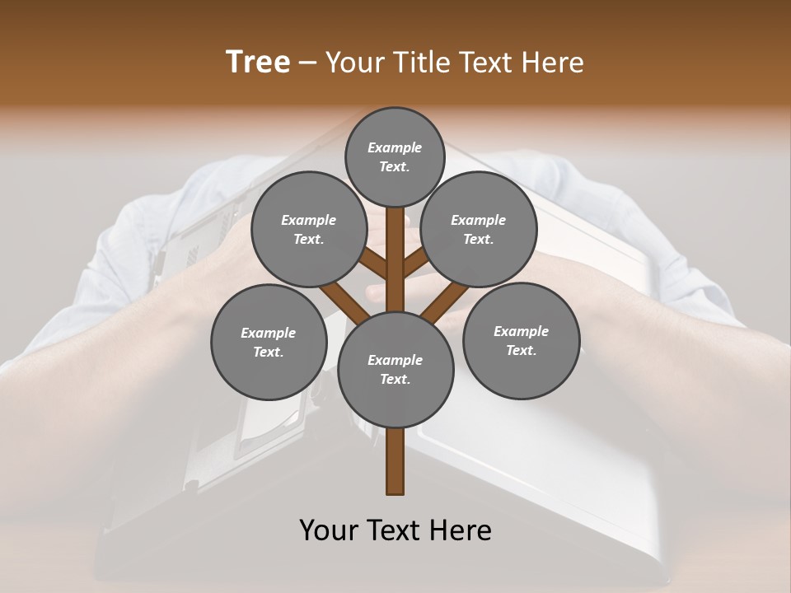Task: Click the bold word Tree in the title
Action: pos(258,62)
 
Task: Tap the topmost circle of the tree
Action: pos(395,156)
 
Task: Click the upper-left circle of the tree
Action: pos(308,229)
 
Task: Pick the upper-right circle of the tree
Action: pos(479,229)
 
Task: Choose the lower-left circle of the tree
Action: pos(269,342)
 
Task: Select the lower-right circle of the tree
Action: pos(521,340)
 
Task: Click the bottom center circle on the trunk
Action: pos(395,369)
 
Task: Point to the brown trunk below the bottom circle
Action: pos(395,461)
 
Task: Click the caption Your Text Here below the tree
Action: pos(395,530)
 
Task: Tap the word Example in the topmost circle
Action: pos(395,147)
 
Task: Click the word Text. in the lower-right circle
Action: pos(521,350)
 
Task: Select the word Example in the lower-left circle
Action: pos(268,333)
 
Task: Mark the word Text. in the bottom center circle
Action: pos(395,379)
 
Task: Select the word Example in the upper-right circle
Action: pos(478,220)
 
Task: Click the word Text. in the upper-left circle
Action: pos(308,239)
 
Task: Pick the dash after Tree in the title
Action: pos(308,63)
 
